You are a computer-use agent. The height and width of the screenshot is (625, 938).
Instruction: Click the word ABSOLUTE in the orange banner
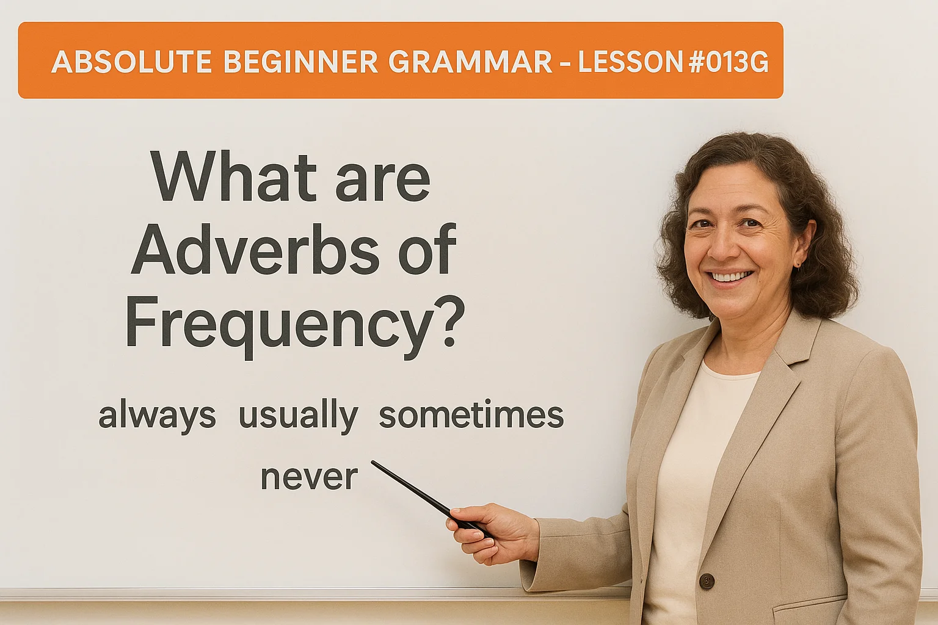coord(131,62)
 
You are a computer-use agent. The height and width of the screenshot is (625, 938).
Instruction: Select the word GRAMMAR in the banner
coord(470,62)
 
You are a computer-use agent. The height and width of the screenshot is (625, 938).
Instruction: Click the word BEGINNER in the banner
coord(300,62)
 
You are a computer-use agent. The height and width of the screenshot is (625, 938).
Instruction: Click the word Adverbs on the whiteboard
coord(255,250)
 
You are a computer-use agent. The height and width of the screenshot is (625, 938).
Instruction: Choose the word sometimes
coord(471,415)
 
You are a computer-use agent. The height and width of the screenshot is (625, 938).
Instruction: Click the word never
coord(309,478)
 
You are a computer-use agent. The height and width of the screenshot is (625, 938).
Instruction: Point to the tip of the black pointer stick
coord(374,463)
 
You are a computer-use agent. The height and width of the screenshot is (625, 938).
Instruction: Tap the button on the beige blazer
coord(707,580)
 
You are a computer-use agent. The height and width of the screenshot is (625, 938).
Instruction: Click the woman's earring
coord(798,264)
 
